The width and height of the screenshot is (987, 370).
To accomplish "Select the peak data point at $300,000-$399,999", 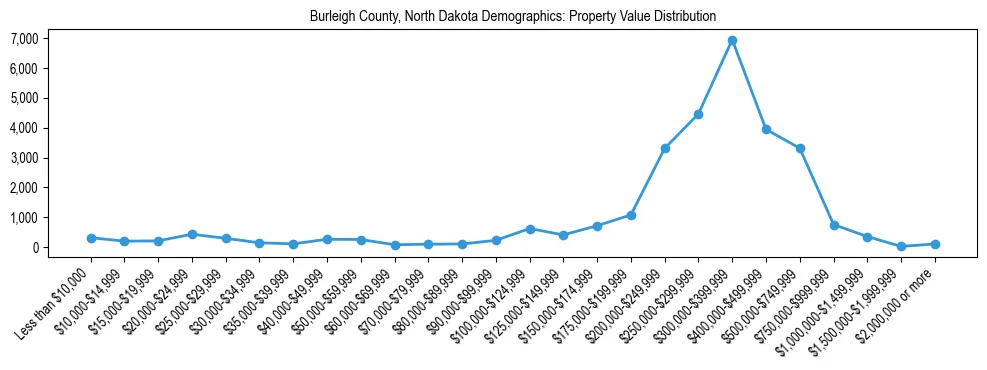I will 732,40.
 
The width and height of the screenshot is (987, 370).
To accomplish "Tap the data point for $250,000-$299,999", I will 698,114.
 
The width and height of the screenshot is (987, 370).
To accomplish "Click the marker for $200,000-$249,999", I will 665,148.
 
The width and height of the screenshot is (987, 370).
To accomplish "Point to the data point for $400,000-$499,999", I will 766,129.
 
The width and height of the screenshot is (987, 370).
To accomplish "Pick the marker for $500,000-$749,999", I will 800,148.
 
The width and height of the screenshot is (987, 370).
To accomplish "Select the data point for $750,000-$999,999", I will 834,225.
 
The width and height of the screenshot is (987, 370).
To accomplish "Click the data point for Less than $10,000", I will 91,238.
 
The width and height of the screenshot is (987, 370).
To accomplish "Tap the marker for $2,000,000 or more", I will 935,244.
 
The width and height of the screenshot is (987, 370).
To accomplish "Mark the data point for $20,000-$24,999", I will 192,234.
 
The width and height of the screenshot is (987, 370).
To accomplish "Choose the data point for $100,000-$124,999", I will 530,229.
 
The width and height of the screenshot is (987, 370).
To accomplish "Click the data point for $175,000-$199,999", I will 631,215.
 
